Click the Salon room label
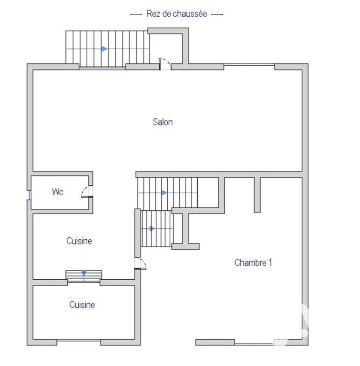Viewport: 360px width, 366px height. (x=163, y=122)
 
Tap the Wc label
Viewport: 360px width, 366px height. (x=58, y=192)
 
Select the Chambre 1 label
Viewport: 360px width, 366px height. (x=253, y=263)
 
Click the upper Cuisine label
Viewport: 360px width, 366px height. (x=79, y=241)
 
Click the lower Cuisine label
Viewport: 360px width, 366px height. (x=82, y=305)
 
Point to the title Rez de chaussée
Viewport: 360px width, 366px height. (x=176, y=14)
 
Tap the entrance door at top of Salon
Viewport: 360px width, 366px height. (x=165, y=64)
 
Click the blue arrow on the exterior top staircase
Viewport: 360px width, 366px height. (x=104, y=49)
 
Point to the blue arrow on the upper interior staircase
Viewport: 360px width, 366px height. (x=164, y=193)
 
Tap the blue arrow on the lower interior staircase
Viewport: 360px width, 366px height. (x=152, y=229)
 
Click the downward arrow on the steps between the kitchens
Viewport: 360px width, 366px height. (x=83, y=273)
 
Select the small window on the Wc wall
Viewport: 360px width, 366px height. (x=30, y=195)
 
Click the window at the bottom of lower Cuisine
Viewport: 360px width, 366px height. (x=79, y=341)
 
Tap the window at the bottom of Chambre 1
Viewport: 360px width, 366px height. (x=254, y=344)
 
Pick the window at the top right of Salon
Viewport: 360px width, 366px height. (x=249, y=65)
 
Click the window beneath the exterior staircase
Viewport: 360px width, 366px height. (x=103, y=68)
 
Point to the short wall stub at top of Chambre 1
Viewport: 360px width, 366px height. (x=257, y=195)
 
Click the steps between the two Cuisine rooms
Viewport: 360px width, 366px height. (x=83, y=276)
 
